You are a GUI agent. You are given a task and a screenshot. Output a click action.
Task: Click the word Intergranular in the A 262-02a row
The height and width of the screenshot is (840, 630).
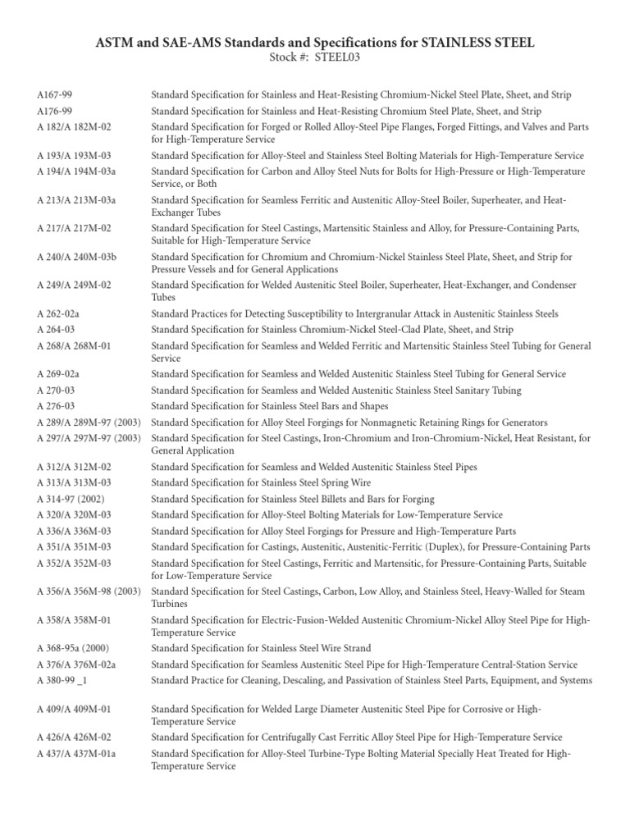pyautogui.click(x=399, y=314)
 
